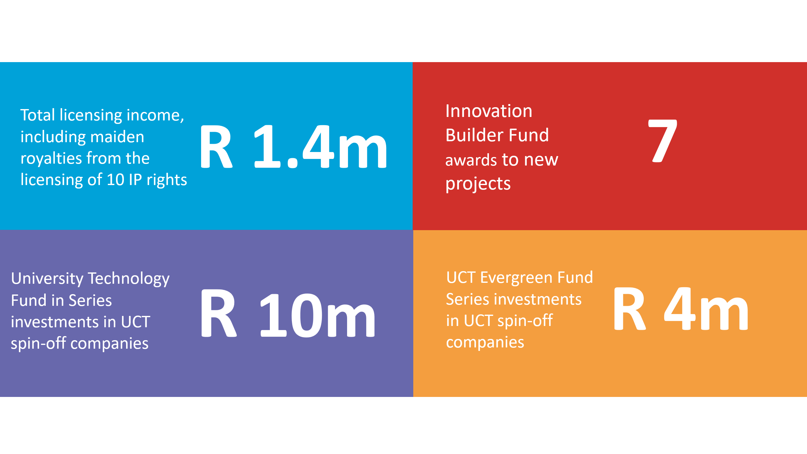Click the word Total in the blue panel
[38, 115]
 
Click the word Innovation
[489, 111]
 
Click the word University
[47, 279]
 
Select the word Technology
[129, 279]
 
